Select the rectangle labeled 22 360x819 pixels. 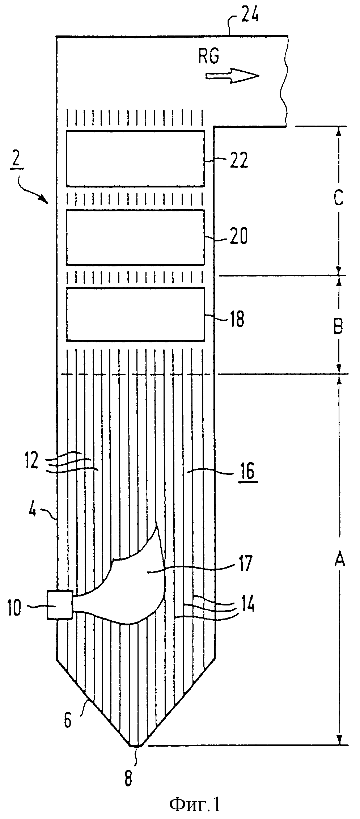coord(135,158)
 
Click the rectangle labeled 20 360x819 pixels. coord(135,237)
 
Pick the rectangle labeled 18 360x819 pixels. coord(135,314)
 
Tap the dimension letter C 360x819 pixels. coord(338,198)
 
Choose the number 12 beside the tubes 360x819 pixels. coord(31,463)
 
